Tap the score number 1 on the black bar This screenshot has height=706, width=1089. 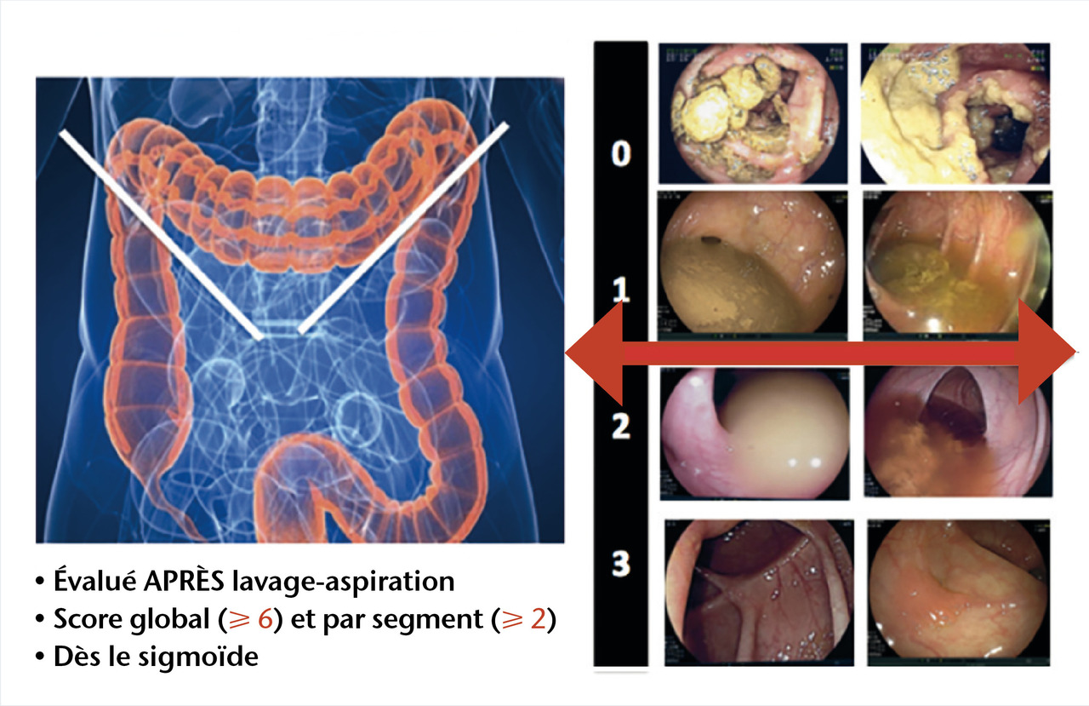(622, 291)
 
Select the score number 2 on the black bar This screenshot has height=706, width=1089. (622, 426)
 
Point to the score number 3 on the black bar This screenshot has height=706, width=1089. (622, 563)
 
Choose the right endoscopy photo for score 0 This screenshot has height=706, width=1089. (953, 113)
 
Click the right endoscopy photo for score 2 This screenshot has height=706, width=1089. (953, 434)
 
